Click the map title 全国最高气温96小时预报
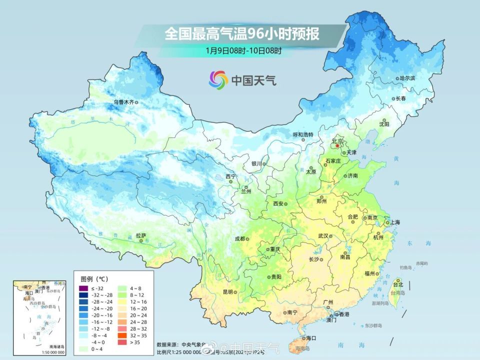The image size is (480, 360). point(242,34)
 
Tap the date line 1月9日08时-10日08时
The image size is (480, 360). point(243,50)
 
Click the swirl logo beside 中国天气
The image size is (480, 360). point(218,79)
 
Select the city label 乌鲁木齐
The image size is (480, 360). point(123,102)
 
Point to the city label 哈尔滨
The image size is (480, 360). point(407,78)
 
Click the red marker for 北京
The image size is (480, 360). point(337,146)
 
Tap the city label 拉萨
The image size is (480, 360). point(140,235)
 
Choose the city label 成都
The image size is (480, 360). point(239,238)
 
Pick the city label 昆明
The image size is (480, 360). point(227,292)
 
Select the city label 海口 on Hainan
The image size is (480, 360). point(310,338)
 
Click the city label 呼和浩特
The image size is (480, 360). point(302,134)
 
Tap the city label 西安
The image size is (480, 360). point(278,203)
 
